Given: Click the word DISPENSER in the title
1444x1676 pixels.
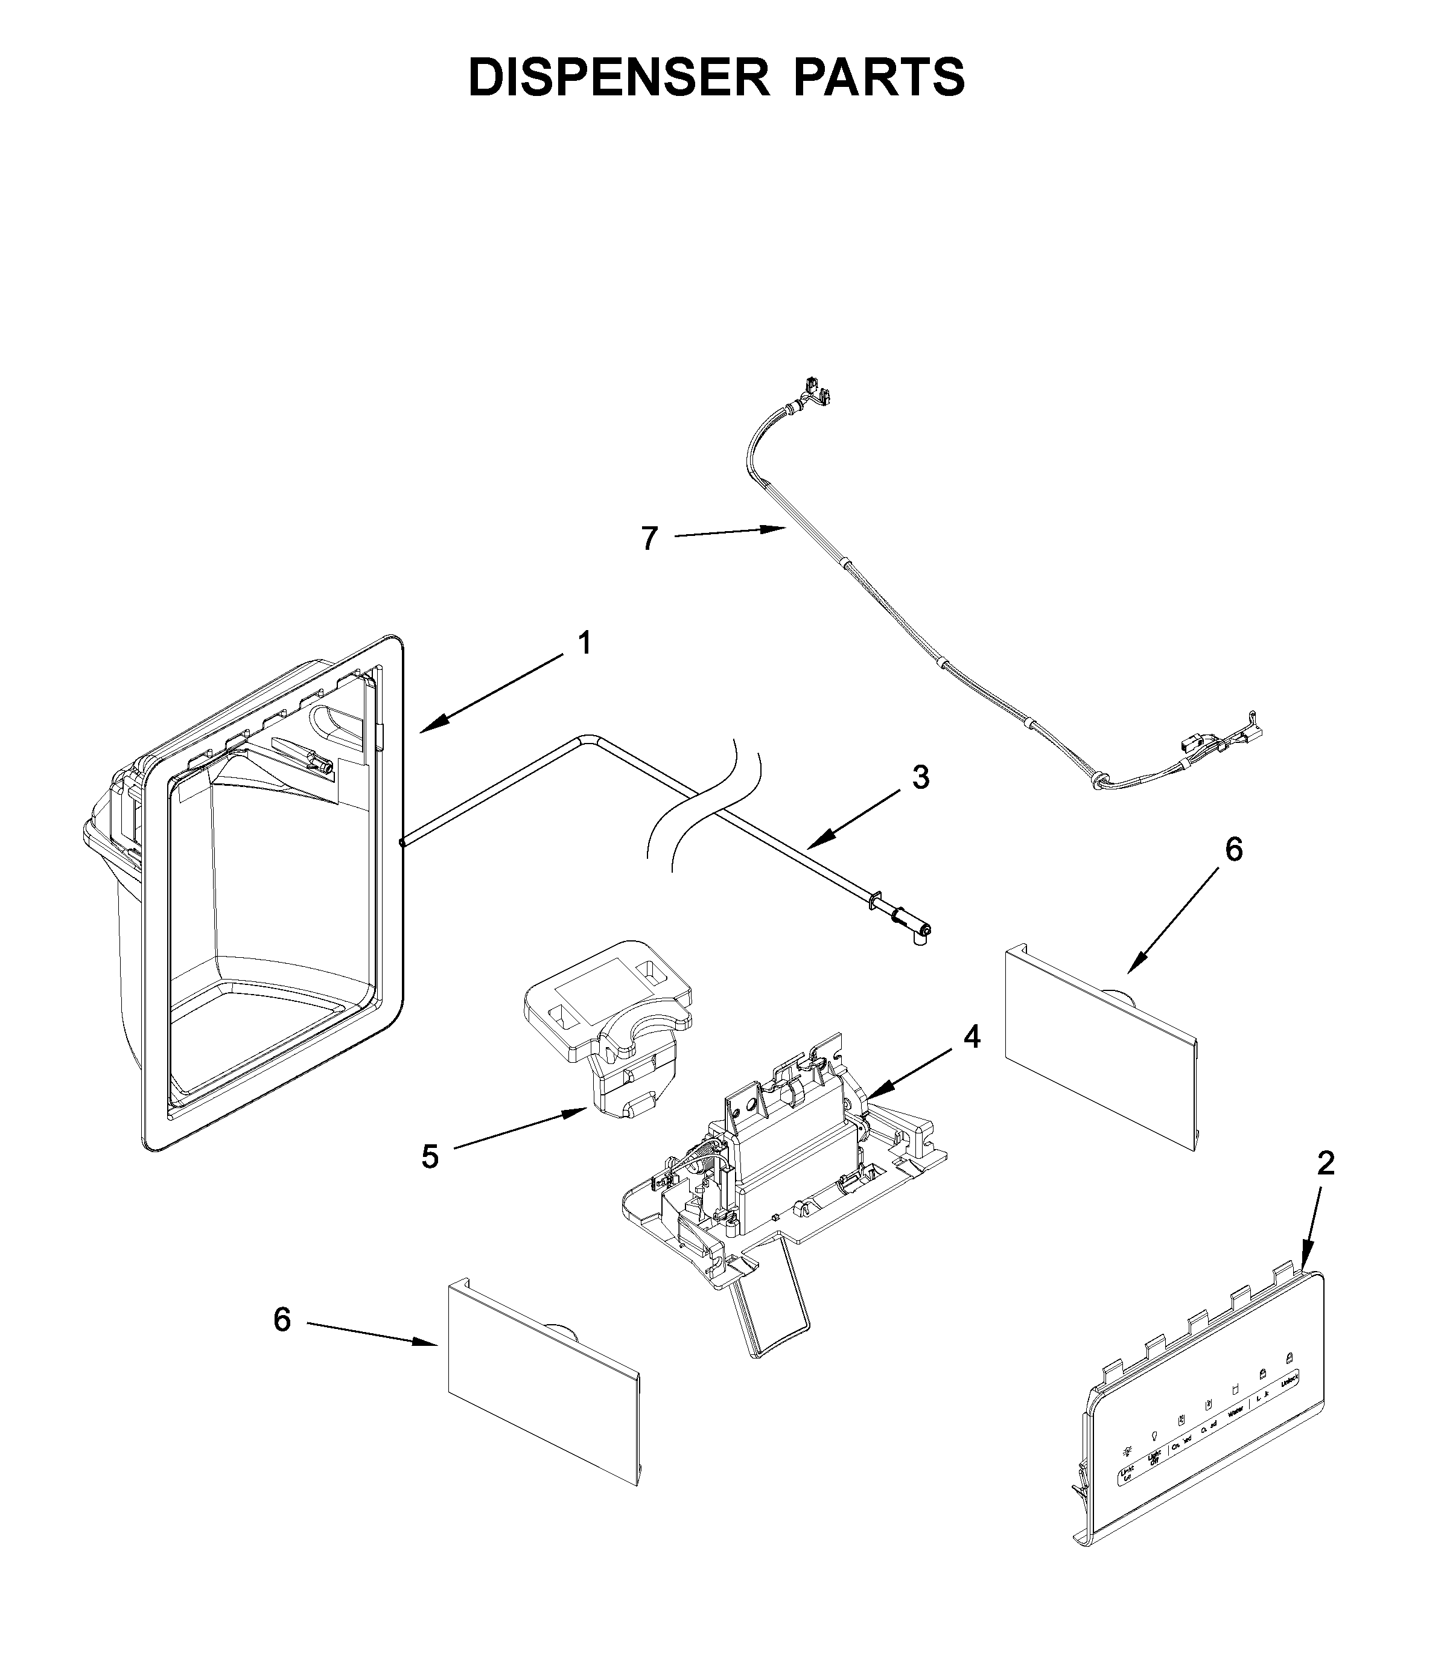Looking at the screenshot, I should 619,78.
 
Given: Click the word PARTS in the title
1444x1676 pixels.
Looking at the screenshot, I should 879,78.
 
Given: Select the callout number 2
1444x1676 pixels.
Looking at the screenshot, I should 1325,1163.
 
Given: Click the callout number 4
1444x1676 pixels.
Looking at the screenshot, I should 972,1036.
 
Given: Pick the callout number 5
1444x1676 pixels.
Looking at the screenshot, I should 430,1158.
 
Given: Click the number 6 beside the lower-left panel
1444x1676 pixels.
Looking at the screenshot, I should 282,1320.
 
